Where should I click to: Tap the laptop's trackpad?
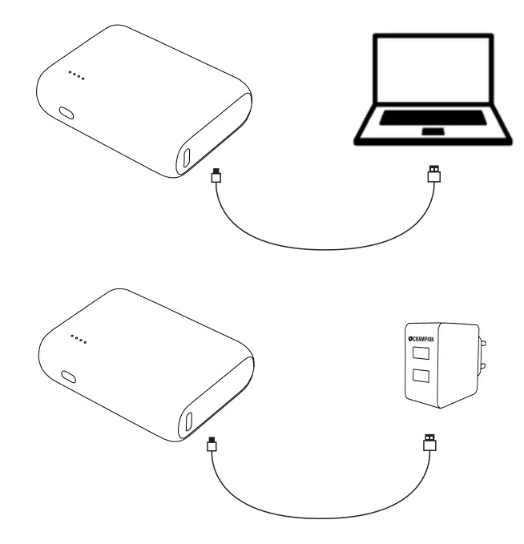tap(433, 131)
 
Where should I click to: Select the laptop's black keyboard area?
tap(433, 118)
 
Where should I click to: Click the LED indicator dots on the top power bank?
tap(76, 76)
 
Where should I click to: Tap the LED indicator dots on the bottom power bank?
tap(77, 341)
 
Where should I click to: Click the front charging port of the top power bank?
tap(187, 158)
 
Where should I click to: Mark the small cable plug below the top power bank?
tap(214, 175)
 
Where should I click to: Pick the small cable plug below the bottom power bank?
tap(212, 443)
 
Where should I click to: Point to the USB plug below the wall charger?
tap(429, 441)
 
